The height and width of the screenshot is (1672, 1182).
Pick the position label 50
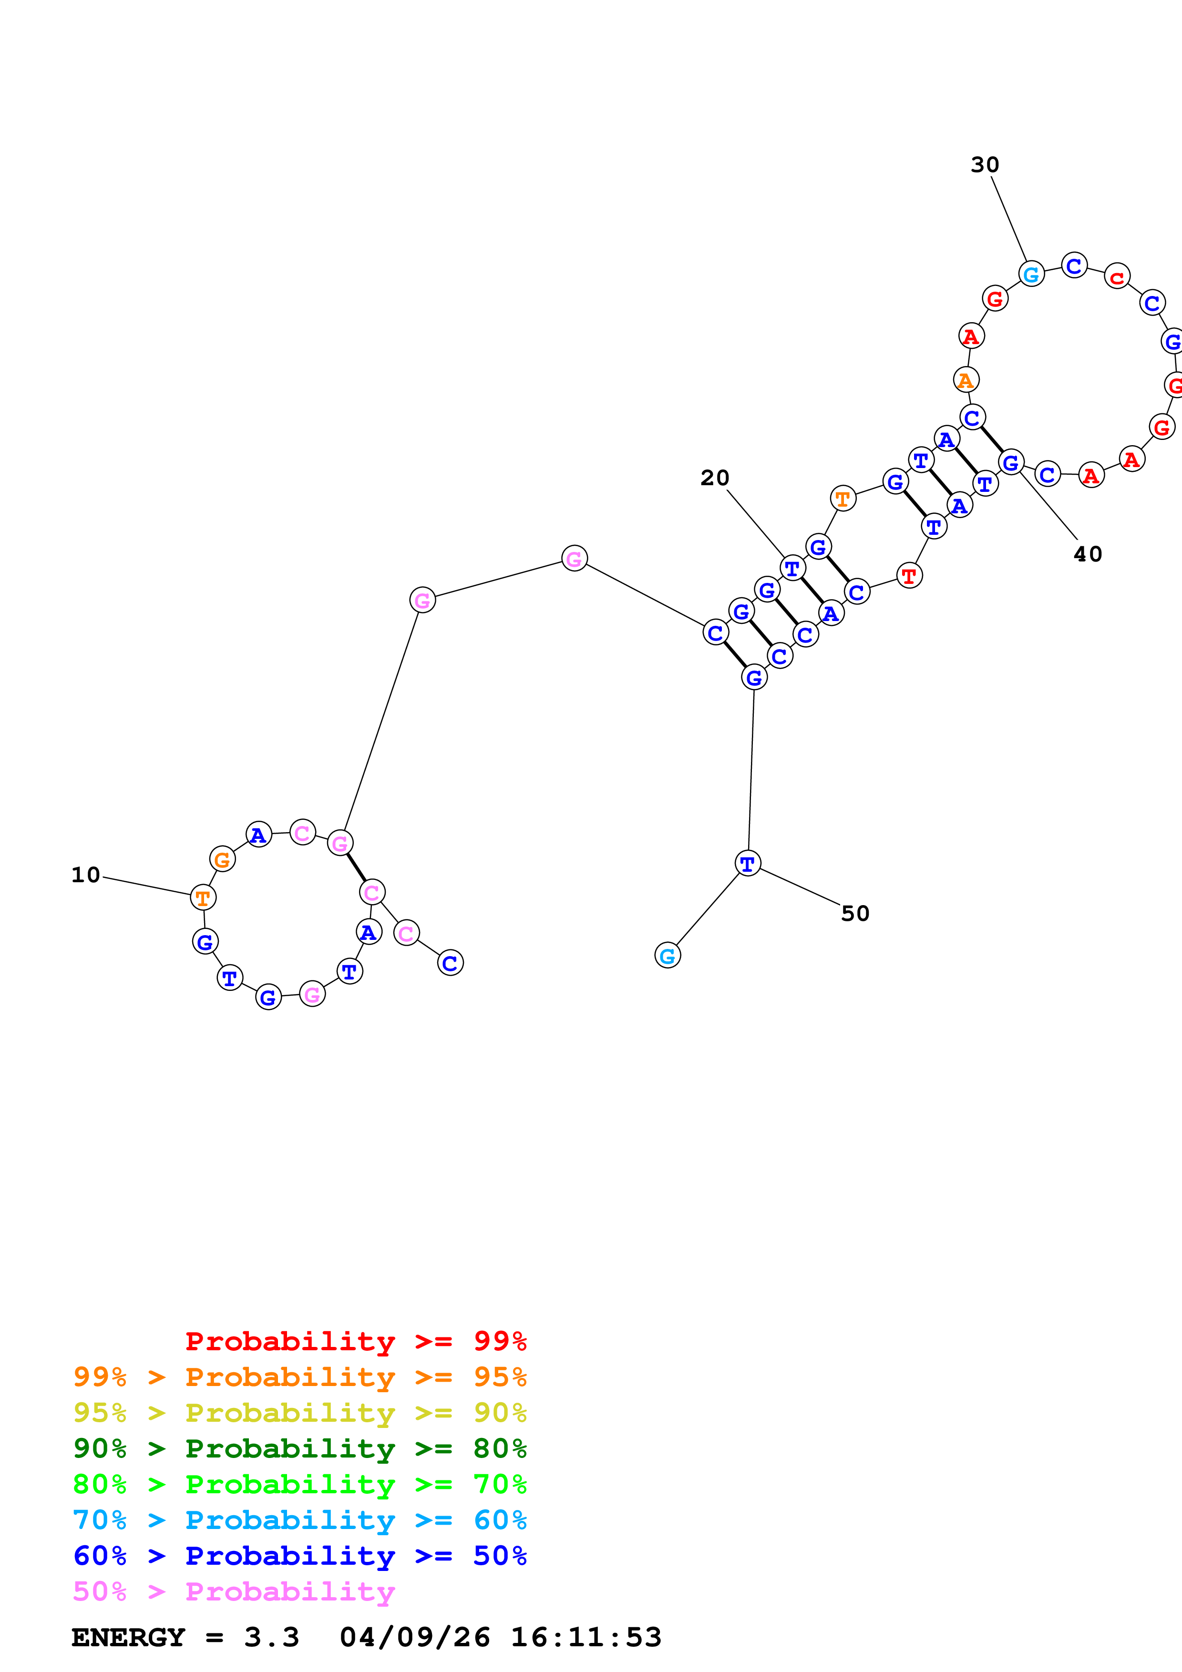tap(855, 913)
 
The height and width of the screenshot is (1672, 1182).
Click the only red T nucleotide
tap(909, 576)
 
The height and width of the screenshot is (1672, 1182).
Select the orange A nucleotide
tap(966, 380)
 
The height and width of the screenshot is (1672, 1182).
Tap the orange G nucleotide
tap(222, 859)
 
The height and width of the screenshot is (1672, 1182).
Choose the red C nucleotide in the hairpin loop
tap(1117, 277)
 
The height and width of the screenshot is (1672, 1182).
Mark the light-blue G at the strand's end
tap(667, 956)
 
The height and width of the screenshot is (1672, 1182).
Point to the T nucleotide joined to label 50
tap(747, 864)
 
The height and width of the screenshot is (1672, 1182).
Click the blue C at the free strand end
tap(450, 963)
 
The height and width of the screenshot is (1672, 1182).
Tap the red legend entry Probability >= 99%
tap(355, 1341)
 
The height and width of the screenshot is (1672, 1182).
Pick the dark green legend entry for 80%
tap(299, 1448)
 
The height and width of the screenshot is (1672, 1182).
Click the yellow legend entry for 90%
tap(299, 1413)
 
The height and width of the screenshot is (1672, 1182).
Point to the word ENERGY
tap(127, 1637)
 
